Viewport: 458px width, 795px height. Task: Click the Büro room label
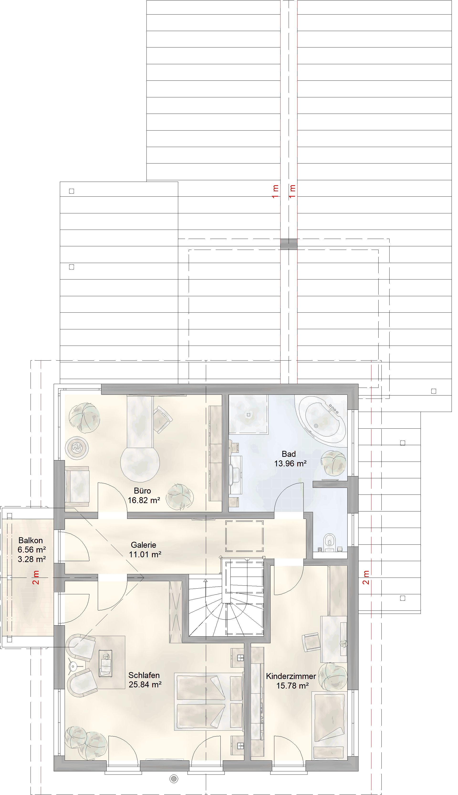pos(142,491)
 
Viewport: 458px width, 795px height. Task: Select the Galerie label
pos(143,545)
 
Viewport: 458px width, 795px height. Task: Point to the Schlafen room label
pos(144,675)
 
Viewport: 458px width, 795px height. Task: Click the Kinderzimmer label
pos(291,676)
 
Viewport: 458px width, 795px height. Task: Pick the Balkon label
pos(31,540)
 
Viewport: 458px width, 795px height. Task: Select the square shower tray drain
pos(249,415)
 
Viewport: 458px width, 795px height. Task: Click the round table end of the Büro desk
pos(140,463)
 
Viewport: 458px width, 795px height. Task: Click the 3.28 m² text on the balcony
pos(31,559)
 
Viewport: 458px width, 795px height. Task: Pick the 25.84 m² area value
pos(145,684)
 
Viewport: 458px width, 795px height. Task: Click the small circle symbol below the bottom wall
pos(174,779)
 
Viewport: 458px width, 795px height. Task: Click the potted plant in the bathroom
pos(333,463)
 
